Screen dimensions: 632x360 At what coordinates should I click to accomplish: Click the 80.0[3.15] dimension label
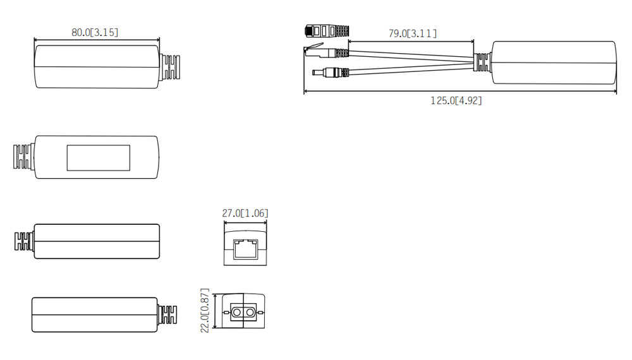pyautogui.click(x=95, y=32)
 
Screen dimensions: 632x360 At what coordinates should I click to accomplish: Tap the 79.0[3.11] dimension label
pyautogui.click(x=412, y=33)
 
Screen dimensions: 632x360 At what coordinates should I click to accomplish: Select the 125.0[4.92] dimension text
pyautogui.click(x=456, y=100)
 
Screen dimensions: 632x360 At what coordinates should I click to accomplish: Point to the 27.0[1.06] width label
pyautogui.click(x=245, y=213)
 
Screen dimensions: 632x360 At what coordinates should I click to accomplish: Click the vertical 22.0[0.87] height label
pyautogui.click(x=205, y=311)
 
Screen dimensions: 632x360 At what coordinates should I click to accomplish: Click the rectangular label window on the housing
pyautogui.click(x=99, y=158)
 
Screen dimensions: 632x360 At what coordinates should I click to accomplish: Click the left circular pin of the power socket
pyautogui.click(x=236, y=313)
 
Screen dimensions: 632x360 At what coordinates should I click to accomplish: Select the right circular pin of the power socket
pyautogui.click(x=250, y=313)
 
